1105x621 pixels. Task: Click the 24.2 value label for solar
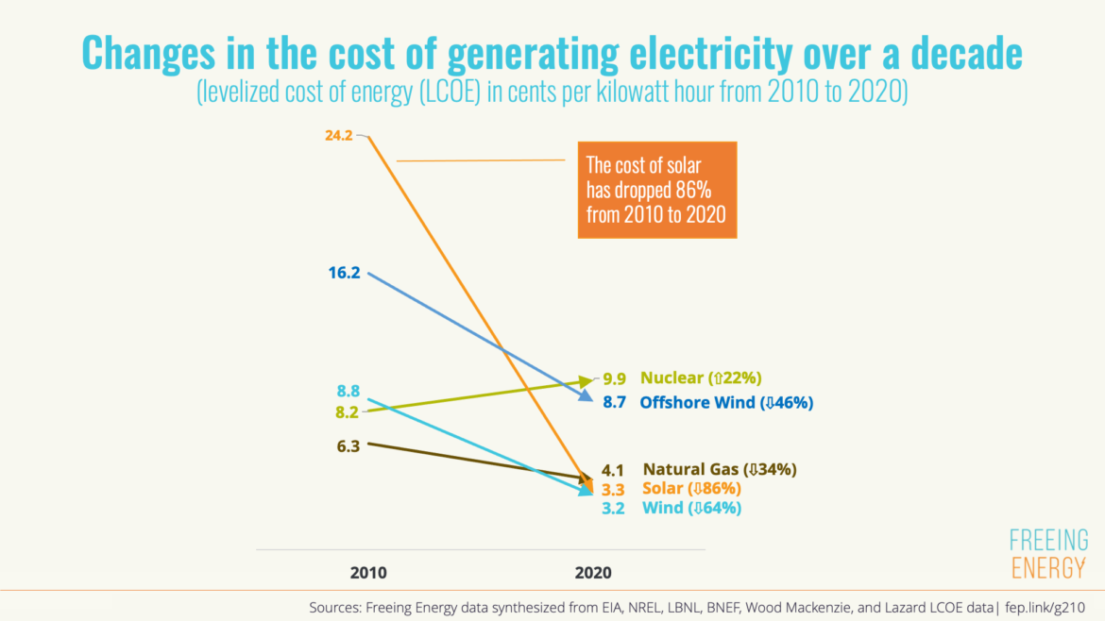point(338,136)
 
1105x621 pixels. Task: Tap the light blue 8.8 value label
point(348,391)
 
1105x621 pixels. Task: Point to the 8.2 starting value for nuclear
point(348,411)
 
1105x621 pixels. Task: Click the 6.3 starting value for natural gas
point(348,445)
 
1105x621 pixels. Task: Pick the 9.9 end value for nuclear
point(615,378)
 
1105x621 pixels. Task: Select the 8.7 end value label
point(615,402)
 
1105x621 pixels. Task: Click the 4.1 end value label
point(614,469)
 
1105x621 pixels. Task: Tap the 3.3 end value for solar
point(614,489)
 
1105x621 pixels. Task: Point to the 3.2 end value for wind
point(614,509)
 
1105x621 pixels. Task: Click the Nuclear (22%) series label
point(701,378)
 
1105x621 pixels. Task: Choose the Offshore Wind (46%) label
point(726,402)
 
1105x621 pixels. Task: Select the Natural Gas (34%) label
point(721,469)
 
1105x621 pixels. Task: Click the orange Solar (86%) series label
point(691,489)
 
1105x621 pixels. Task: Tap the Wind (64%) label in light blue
point(691,509)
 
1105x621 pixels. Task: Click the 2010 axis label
point(368,573)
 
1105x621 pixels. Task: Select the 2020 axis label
point(593,573)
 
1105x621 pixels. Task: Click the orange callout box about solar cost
point(656,190)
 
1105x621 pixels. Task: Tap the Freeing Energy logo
point(1048,554)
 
